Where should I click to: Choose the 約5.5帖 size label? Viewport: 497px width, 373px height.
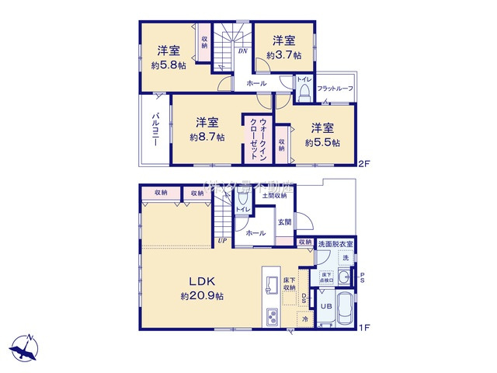click(x=322, y=142)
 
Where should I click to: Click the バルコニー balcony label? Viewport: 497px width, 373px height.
click(x=156, y=133)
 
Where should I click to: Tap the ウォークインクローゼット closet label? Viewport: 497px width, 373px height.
click(x=259, y=139)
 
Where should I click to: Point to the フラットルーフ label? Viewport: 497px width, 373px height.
click(x=335, y=89)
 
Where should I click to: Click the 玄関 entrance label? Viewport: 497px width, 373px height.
click(x=284, y=221)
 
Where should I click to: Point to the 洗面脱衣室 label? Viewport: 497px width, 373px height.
click(x=335, y=243)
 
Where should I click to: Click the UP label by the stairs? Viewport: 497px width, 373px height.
click(x=223, y=241)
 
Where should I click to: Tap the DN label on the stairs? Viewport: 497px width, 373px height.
click(x=242, y=52)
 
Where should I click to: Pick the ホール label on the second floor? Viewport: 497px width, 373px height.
click(x=256, y=83)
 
